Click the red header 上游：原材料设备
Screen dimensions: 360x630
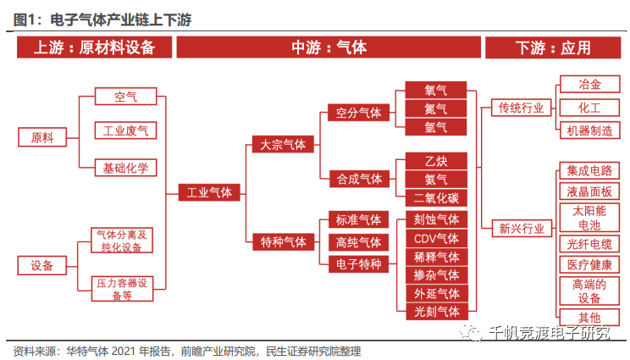pos(95,47)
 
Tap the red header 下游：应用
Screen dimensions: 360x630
pos(552,47)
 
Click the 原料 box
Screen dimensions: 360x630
pos(41,137)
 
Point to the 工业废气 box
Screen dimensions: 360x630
pos(124,130)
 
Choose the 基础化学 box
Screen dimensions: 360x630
pos(124,167)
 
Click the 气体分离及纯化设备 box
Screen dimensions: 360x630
pos(124,240)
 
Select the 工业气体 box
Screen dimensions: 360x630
pos(208,192)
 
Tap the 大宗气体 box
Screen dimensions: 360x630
pos(283,145)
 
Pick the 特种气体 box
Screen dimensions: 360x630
pos(283,242)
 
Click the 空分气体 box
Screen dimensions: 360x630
pos(358,111)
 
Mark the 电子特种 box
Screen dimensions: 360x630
pos(358,264)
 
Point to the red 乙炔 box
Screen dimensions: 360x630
pos(436,160)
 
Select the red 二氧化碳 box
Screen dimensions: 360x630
pos(436,198)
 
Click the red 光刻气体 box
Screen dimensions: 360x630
pos(436,312)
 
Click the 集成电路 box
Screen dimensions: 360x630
pos(589,171)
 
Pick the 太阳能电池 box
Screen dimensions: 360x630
pos(589,218)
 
